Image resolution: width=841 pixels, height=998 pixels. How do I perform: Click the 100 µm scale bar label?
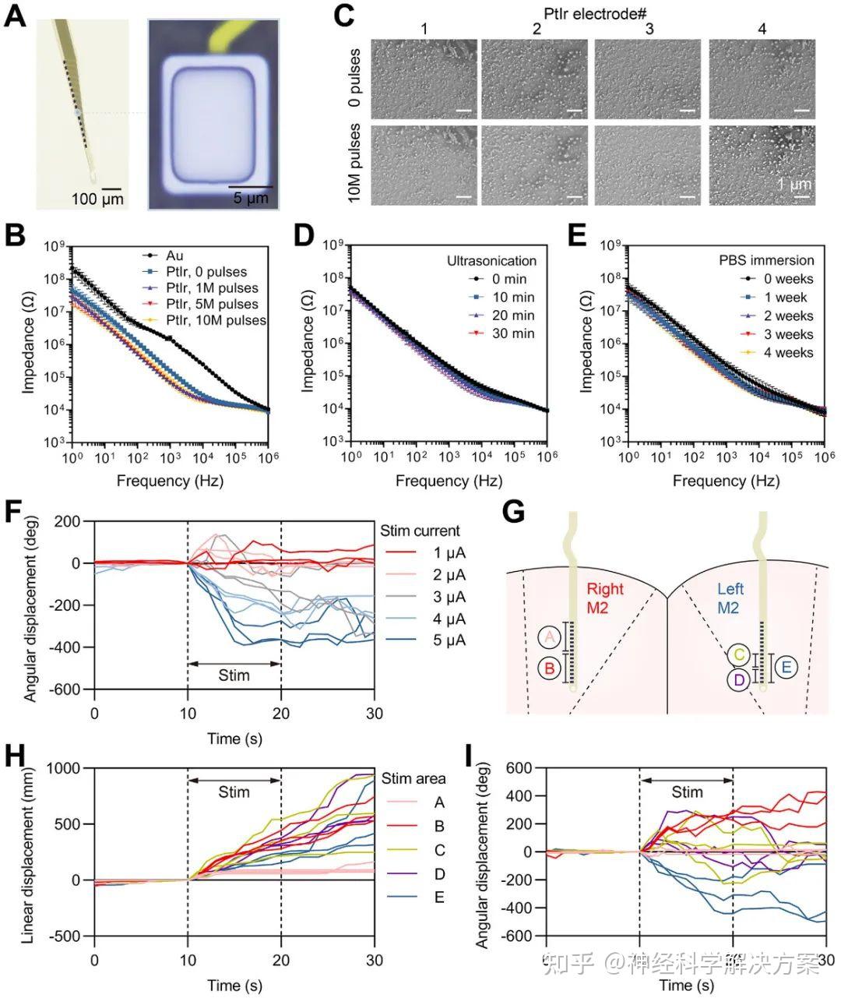click(97, 199)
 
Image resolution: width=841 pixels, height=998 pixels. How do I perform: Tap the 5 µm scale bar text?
click(251, 198)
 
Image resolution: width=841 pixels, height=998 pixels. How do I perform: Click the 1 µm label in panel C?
click(793, 185)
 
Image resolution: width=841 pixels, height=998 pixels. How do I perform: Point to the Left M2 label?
click(730, 598)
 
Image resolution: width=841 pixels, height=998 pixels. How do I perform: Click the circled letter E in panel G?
click(786, 667)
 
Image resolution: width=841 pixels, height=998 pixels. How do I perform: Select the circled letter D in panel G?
click(739, 680)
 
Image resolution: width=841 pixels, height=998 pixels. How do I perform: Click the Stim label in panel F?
click(234, 675)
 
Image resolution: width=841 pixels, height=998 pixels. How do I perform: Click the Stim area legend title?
click(413, 778)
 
